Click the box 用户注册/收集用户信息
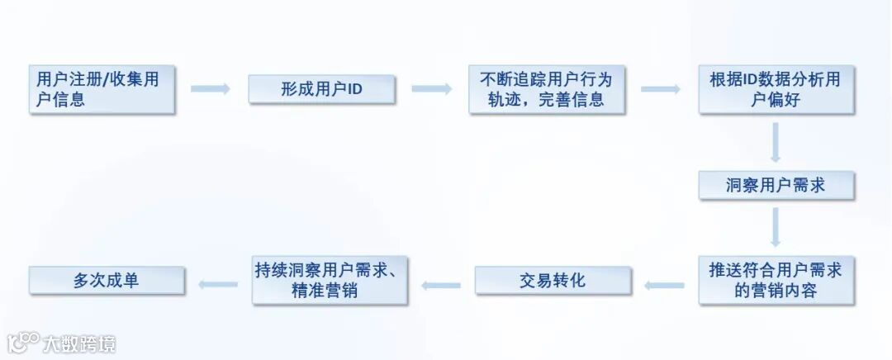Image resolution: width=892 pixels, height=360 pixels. pyautogui.click(x=102, y=89)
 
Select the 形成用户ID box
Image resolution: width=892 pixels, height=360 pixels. pyautogui.click(x=321, y=89)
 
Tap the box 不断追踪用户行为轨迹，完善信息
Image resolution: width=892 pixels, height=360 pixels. pyautogui.click(x=547, y=89)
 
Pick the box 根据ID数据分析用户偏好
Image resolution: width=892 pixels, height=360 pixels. pyautogui.click(x=776, y=89)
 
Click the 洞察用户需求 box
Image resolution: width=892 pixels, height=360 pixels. pyautogui.click(x=776, y=185)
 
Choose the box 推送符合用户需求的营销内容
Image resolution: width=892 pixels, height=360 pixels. pyautogui.click(x=776, y=281)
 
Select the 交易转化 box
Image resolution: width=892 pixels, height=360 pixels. pyautogui.click(x=553, y=281)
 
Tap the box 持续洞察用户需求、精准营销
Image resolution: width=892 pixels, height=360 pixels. pyautogui.click(x=329, y=281)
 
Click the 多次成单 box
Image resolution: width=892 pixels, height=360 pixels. pyautogui.click(x=106, y=281)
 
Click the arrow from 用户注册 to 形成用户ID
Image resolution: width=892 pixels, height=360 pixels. pyautogui.click(x=211, y=88)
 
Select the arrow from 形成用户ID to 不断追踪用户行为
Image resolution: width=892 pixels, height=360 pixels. pyautogui.click(x=431, y=88)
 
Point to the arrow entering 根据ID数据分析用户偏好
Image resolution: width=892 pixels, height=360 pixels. pyautogui.click(x=660, y=88)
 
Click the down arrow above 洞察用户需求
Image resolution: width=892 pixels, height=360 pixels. pyautogui.click(x=776, y=142)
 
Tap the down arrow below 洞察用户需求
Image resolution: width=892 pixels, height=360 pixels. pyautogui.click(x=776, y=227)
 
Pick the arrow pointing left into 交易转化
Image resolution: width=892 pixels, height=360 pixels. pyautogui.click(x=665, y=285)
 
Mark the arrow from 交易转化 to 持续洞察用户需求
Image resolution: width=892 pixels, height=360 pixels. pyautogui.click(x=441, y=285)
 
